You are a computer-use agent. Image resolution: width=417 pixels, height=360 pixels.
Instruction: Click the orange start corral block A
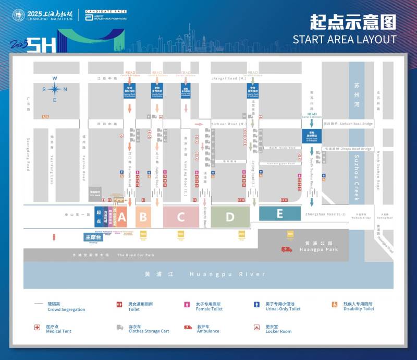122,217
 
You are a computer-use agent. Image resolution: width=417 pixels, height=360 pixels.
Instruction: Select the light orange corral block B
143,217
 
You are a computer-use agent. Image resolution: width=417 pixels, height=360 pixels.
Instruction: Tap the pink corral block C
181,217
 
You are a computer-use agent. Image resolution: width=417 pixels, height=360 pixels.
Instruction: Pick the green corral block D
230,217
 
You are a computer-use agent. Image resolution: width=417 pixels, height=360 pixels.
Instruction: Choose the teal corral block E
280,213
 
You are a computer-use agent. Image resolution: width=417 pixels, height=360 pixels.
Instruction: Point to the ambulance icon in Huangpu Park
287,249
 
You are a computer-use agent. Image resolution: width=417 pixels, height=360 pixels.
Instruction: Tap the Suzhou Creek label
357,172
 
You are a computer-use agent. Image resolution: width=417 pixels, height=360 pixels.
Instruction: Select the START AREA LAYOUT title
344,39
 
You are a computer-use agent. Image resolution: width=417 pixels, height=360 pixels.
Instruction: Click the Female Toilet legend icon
187,304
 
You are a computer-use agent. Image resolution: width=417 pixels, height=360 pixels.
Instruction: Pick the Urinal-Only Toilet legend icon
256,304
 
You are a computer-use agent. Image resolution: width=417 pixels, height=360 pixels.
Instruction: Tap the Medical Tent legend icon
38,327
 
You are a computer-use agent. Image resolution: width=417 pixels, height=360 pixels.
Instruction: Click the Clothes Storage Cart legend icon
119,327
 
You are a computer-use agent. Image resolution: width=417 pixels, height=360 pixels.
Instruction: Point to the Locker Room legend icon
256,327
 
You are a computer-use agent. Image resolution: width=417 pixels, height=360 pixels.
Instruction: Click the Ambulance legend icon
188,327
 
